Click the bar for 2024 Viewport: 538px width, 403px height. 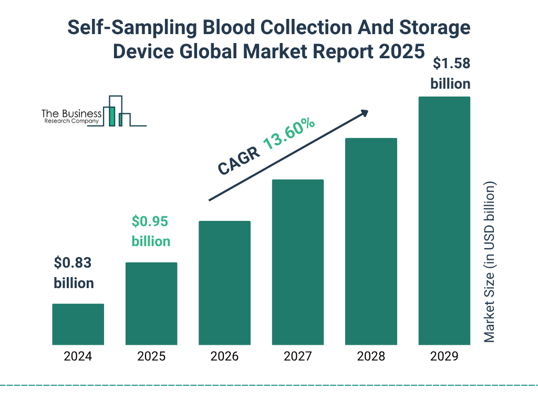(78, 324)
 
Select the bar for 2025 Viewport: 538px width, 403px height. (151, 303)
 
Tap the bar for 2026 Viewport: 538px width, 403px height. (224, 283)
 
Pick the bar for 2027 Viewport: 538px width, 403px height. (297, 262)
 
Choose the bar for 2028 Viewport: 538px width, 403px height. (371, 241)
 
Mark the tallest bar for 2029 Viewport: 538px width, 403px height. (444, 220)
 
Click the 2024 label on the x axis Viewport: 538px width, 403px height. (78, 357)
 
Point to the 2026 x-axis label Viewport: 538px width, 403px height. (224, 357)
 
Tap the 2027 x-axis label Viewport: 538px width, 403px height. (297, 357)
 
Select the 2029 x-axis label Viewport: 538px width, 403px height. (444, 357)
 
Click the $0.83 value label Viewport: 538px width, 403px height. (74, 262)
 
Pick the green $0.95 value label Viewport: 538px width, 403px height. (150, 221)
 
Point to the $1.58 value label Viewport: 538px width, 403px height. (450, 63)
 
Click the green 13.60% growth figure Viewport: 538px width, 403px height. (289, 134)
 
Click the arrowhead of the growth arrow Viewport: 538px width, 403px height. (364, 113)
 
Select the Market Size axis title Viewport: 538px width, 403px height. (490, 262)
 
